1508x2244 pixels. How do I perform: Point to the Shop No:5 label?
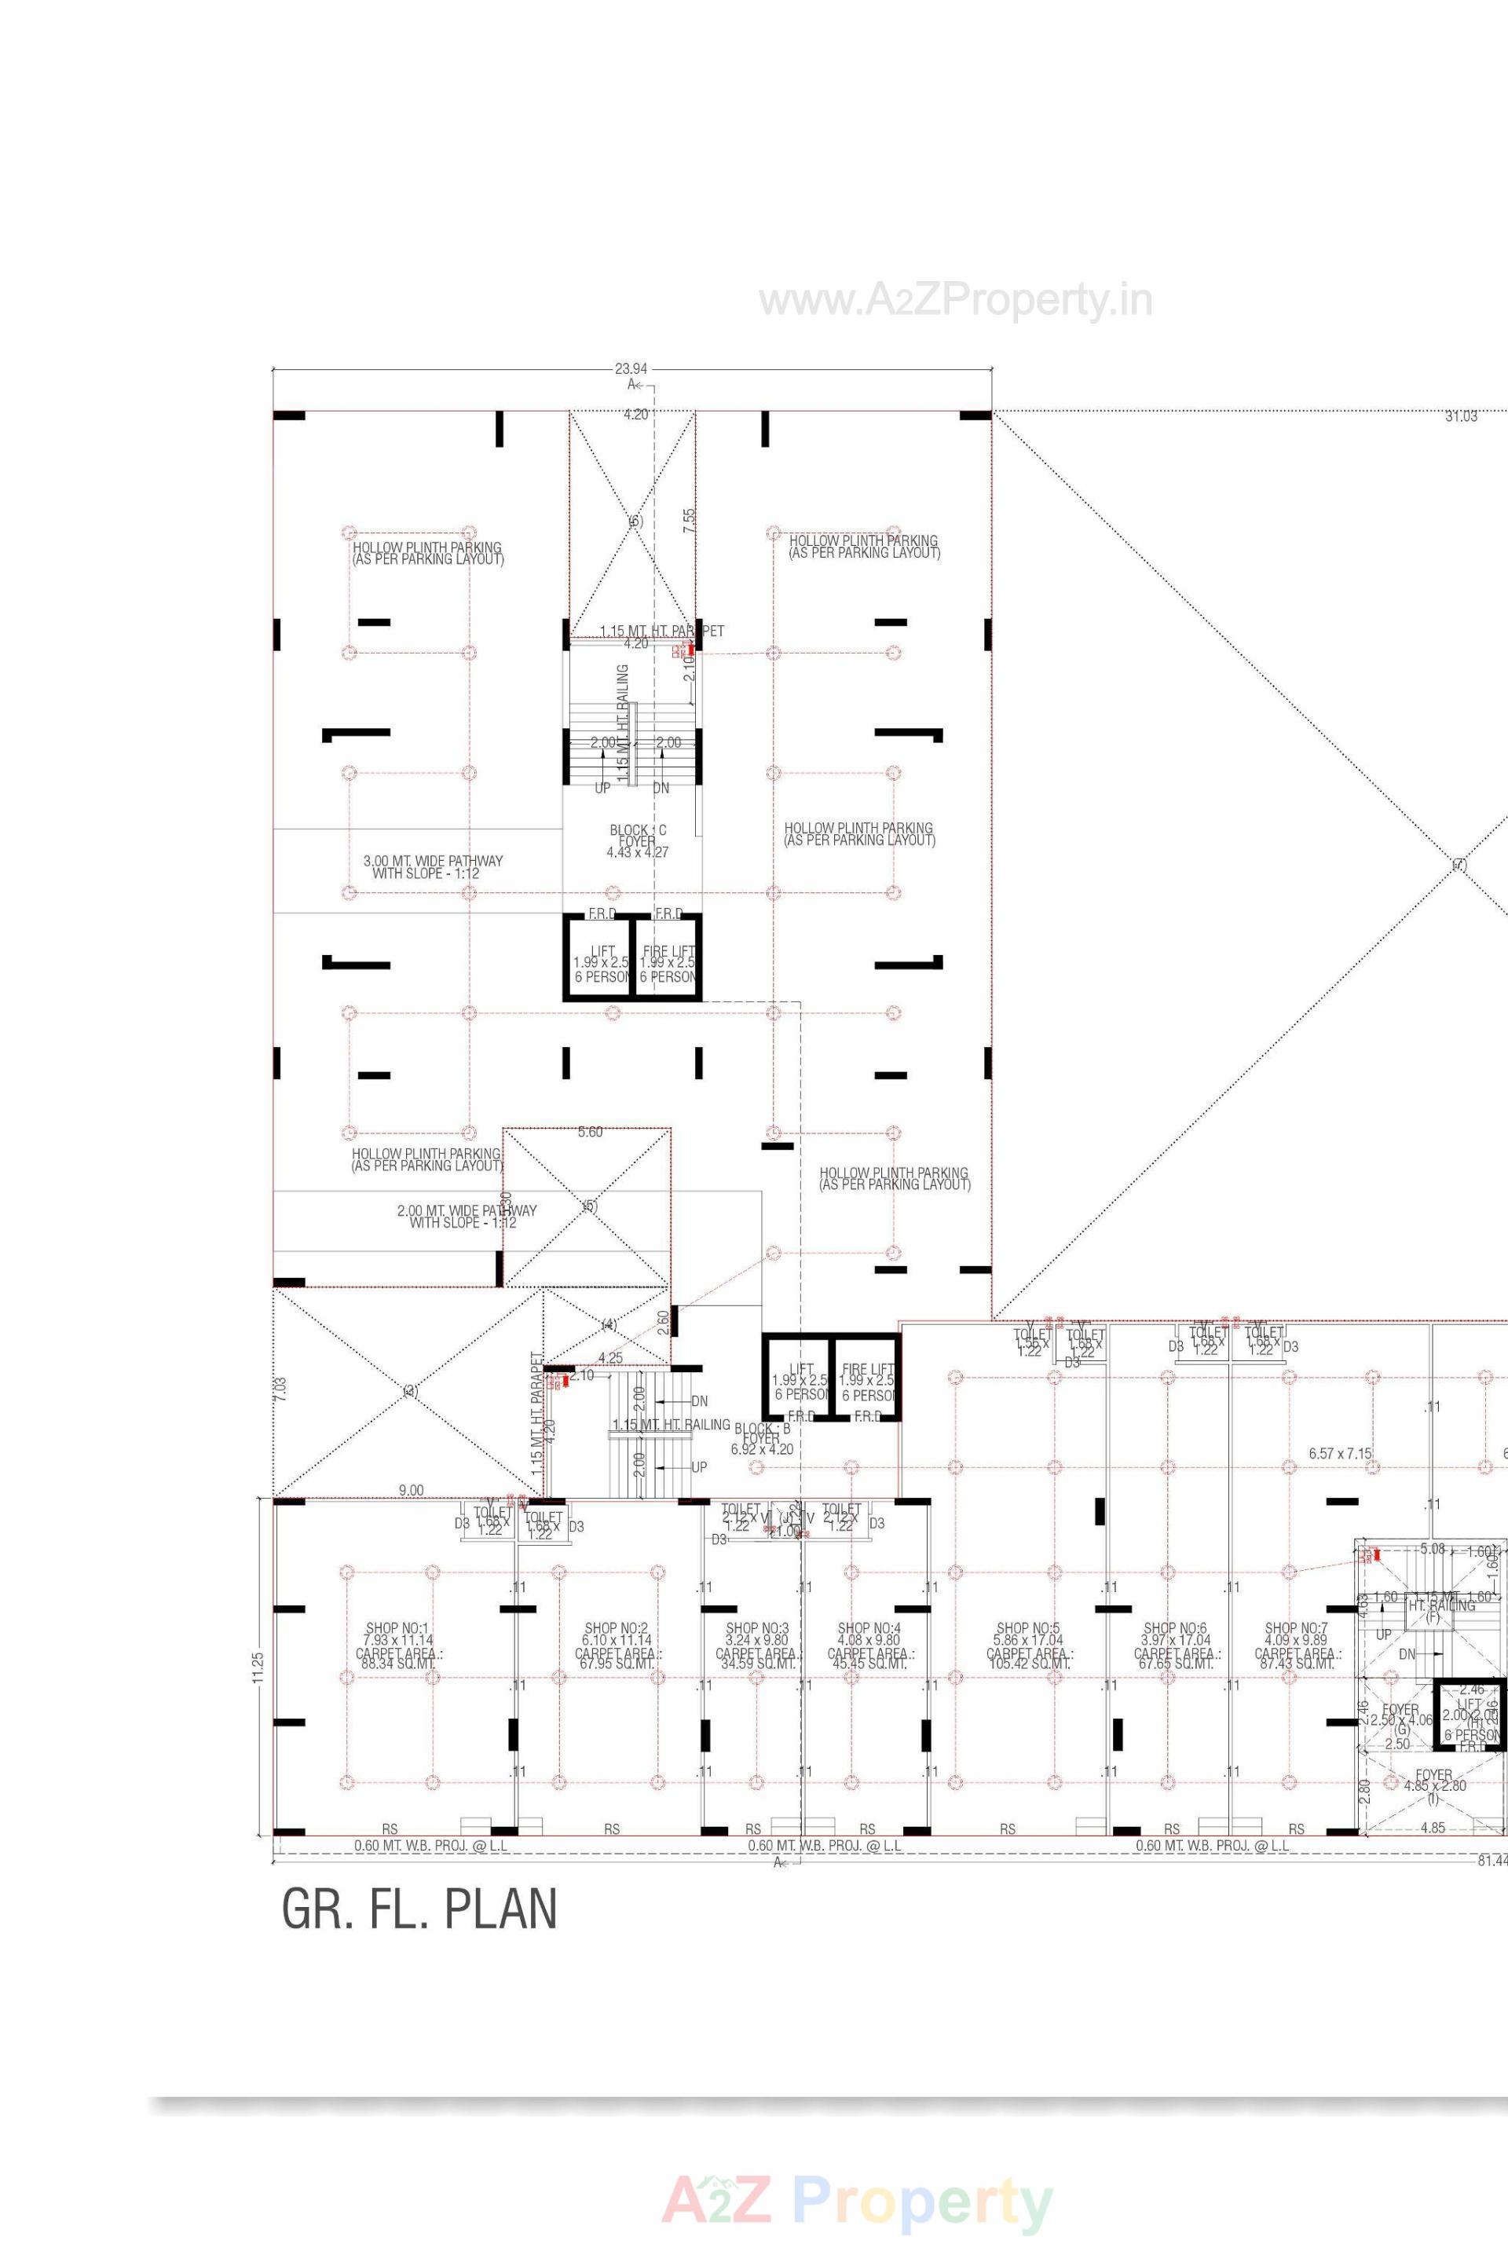(1028, 1628)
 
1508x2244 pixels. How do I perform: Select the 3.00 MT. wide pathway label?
(433, 866)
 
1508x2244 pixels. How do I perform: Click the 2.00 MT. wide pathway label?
(467, 1217)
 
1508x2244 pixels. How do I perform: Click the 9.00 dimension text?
(411, 1490)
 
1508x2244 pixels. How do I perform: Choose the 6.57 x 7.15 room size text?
(1340, 1453)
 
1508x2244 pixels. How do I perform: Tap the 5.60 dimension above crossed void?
(590, 1132)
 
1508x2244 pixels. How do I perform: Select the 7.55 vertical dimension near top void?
(689, 521)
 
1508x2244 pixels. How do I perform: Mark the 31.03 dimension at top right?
(1460, 416)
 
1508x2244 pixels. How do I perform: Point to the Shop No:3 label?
(757, 1628)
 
